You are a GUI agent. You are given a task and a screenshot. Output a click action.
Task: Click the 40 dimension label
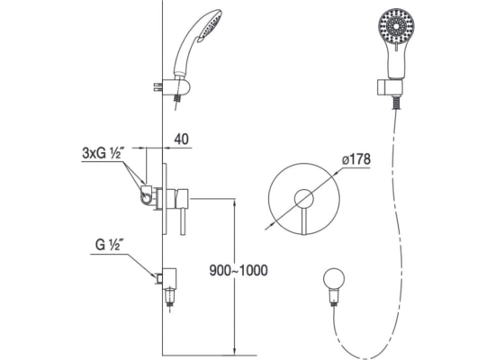pos(181,139)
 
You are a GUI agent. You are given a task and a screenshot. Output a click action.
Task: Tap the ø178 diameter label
pos(355,159)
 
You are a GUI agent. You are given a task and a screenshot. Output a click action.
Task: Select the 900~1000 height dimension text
pos(238,270)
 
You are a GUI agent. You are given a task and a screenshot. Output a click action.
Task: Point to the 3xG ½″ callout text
pos(103,154)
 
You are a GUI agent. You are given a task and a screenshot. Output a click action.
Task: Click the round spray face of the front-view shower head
pos(396,25)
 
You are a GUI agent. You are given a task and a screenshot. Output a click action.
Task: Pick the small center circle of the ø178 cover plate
pos(304,199)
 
